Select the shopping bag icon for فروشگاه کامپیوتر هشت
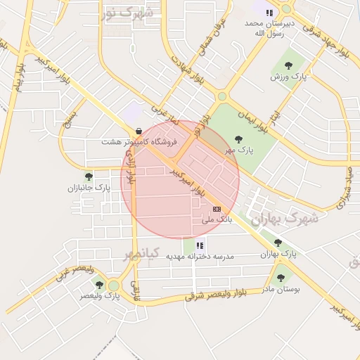point(139,130)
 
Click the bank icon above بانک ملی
point(217,209)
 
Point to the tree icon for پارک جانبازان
point(89,176)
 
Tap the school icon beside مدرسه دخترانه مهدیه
point(200,245)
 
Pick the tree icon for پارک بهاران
point(278,243)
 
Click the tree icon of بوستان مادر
point(281,278)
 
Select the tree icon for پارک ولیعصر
point(99,285)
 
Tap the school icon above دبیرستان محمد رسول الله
point(269,11)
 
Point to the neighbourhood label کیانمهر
point(143,253)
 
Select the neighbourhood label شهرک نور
point(127,13)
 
